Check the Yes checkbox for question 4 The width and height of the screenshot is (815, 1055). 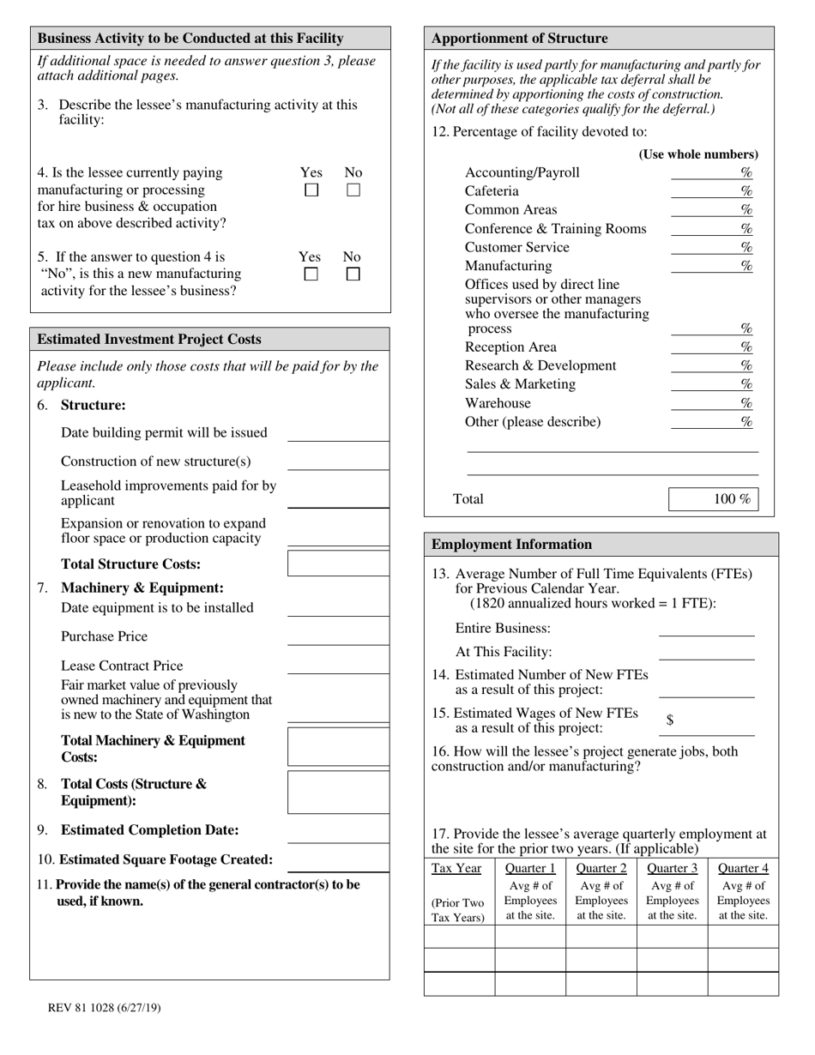pos(312,190)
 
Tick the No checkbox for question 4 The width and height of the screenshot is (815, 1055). pos(353,190)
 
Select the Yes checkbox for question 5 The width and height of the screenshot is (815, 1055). pos(311,274)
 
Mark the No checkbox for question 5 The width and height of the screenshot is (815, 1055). pos(353,274)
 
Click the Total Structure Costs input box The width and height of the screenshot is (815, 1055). pos(338,564)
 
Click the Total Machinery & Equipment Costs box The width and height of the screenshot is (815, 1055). pos(338,747)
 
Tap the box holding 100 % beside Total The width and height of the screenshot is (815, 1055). pos(714,499)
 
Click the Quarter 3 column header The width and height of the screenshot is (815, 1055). pos(672,868)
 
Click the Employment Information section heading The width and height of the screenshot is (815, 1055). pos(511,545)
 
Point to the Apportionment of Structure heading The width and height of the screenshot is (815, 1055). pos(519,39)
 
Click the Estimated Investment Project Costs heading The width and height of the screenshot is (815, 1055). pos(150,340)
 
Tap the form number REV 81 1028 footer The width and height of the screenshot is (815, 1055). pos(104,1008)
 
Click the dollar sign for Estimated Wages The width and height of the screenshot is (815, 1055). pos(669,720)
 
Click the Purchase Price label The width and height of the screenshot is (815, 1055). pos(104,636)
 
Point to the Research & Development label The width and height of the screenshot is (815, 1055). pos(540,365)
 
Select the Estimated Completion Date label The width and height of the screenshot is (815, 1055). pos(150,830)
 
